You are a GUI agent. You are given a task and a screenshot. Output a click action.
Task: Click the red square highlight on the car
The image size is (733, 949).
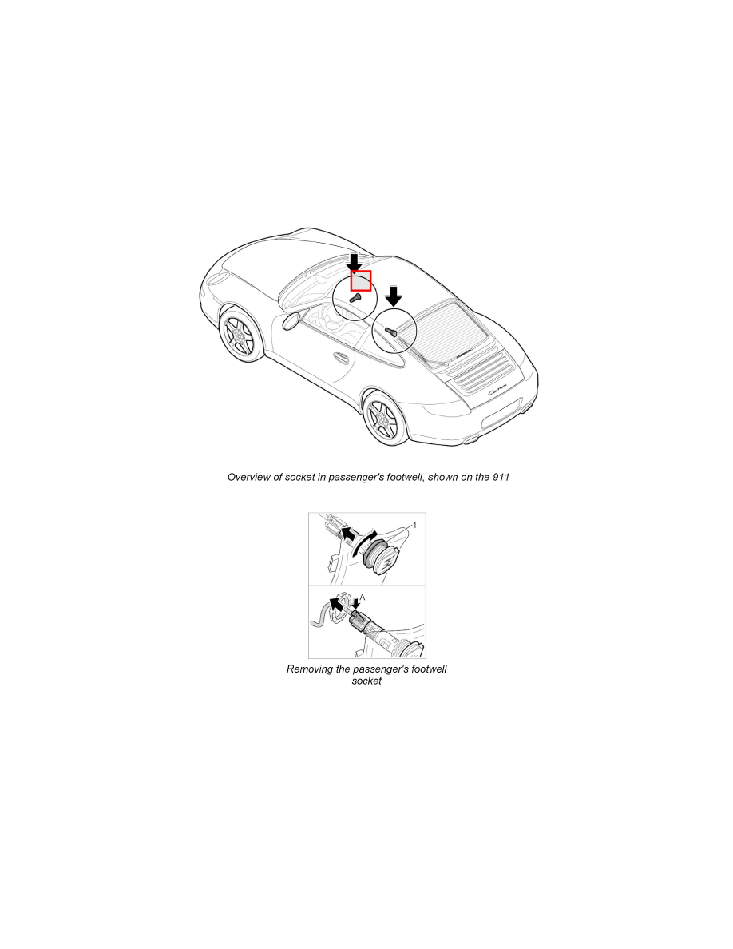[x=361, y=281]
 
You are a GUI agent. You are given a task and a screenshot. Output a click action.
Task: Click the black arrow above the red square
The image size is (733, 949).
[x=355, y=263]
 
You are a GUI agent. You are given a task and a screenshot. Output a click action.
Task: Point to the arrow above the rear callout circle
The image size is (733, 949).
[x=394, y=296]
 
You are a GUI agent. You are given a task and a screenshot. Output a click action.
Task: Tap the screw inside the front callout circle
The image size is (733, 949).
[x=355, y=298]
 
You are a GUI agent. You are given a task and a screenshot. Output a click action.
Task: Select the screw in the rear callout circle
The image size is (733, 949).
[x=390, y=331]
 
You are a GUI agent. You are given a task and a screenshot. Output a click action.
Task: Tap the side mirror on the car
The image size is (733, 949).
[x=291, y=321]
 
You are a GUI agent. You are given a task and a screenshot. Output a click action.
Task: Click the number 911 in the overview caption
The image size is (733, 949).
[x=501, y=477]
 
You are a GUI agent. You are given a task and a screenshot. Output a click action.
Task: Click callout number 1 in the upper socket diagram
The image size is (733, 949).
[x=414, y=526]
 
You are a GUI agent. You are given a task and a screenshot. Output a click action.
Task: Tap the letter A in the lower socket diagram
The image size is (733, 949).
[x=363, y=598]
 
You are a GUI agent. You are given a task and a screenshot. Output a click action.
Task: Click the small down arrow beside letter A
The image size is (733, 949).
[x=355, y=604]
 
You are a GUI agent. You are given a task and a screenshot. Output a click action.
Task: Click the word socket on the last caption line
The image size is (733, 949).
[x=366, y=681]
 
